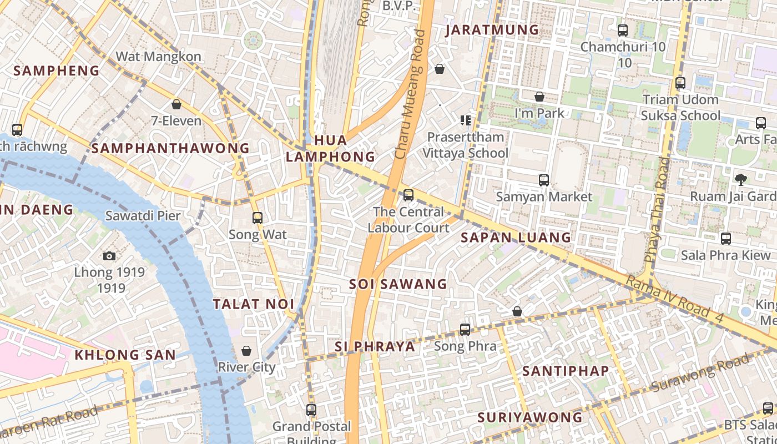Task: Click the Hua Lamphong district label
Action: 330,148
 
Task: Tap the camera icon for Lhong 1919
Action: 109,256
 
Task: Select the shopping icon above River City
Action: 246,351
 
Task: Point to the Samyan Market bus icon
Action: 544,180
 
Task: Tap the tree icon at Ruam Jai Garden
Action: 740,179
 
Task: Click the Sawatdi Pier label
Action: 143,216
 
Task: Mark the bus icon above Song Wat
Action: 257,218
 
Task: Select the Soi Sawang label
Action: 398,284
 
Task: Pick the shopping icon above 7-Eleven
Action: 176,104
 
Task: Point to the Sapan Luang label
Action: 516,238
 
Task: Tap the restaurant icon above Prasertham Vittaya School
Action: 465,120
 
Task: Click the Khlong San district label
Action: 125,355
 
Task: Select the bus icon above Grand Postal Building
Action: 311,410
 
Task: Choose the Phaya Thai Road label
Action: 657,209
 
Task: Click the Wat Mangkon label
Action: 158,57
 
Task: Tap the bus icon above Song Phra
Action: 465,330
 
